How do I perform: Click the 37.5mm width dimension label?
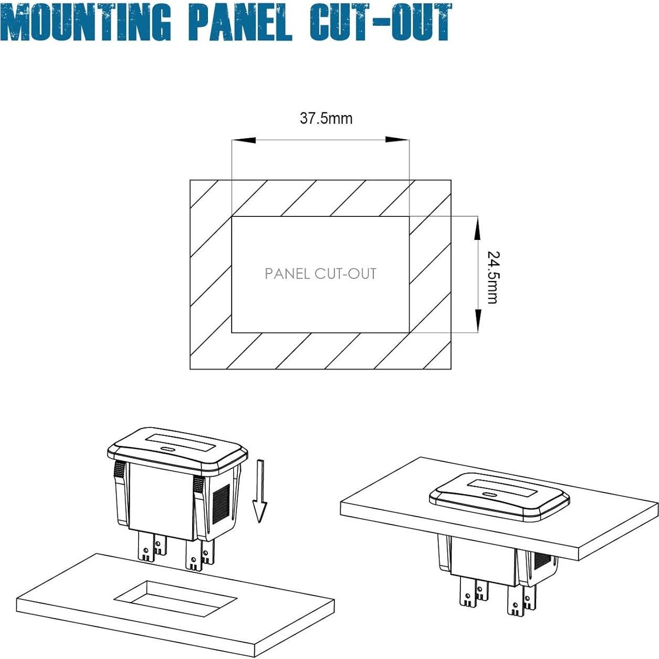click(326, 118)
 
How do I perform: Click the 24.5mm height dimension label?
click(493, 277)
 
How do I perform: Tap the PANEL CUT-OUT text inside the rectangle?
click(320, 274)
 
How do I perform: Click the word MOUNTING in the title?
click(87, 22)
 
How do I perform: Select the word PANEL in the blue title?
click(239, 22)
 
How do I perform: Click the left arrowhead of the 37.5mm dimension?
click(244, 140)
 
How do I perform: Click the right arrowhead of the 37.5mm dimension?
click(397, 140)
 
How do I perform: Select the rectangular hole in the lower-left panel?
click(175, 598)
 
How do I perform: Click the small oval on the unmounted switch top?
click(169, 449)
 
